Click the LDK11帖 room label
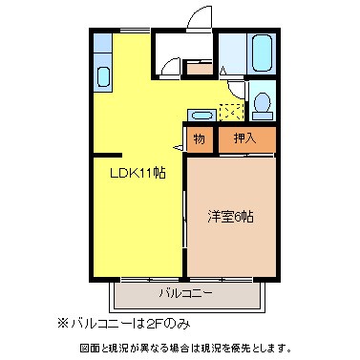click(x=138, y=174)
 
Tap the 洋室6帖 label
click(x=231, y=217)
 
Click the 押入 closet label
click(x=244, y=138)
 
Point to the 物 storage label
click(x=200, y=138)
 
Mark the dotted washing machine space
click(x=229, y=111)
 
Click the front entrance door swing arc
click(x=200, y=20)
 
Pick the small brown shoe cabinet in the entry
click(x=199, y=68)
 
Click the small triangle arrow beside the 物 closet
click(x=178, y=147)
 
